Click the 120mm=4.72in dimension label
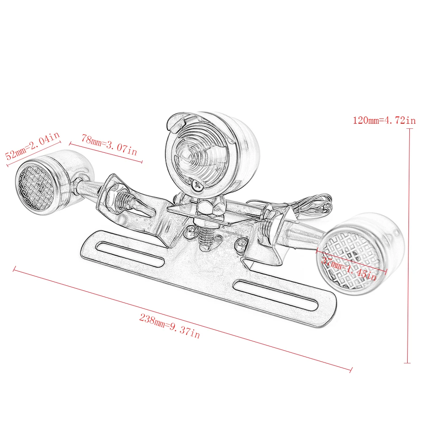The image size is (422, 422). pos(384,120)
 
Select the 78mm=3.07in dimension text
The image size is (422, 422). pos(109,145)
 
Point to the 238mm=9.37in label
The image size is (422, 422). pos(170,326)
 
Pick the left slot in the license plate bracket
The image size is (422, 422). pos(130,254)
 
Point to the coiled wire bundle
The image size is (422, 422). pos(312,204)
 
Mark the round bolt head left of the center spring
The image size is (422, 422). pos(191,231)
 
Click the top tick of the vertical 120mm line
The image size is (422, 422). pos(410,129)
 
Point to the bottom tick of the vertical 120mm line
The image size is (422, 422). pos(407,363)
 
